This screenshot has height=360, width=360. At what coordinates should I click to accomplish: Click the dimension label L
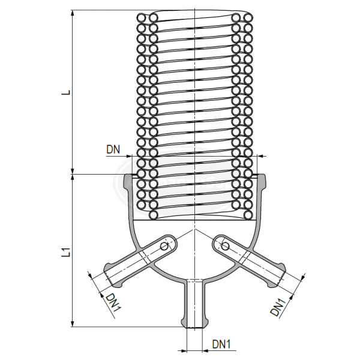pos(68,93)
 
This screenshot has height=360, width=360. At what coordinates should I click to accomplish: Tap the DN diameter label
pos(114,149)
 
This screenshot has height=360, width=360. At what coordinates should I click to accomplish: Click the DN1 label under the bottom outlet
pos(223,344)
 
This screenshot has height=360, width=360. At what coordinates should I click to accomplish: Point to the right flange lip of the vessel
pos(262,181)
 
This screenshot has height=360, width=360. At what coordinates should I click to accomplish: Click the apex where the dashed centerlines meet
pos(194,230)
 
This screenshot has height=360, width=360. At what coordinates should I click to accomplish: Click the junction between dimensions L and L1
pos(73,175)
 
